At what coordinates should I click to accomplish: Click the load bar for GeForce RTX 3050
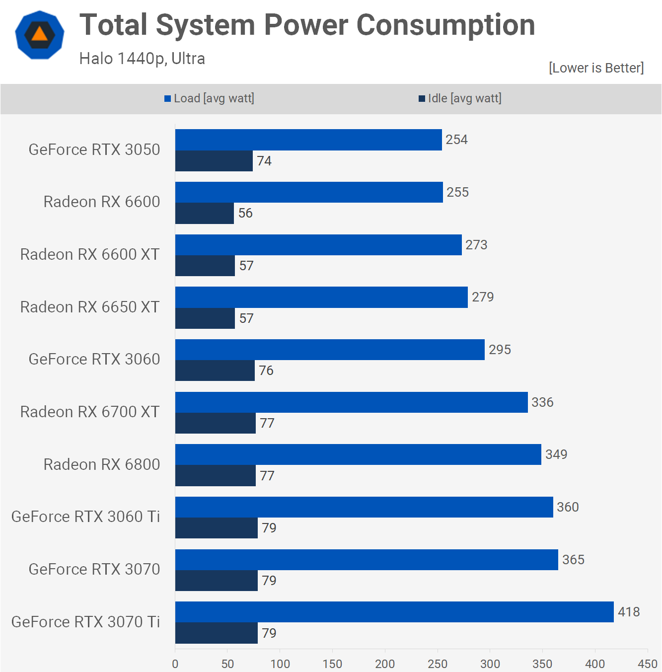[308, 140]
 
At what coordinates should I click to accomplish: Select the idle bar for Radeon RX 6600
[205, 213]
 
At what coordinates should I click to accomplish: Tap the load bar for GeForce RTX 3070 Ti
[394, 612]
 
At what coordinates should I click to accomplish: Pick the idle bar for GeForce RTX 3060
[215, 371]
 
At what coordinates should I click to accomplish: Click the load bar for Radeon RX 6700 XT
[352, 402]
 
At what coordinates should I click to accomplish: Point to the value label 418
[629, 612]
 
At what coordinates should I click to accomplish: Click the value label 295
[500, 350]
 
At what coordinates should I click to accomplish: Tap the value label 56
[245, 213]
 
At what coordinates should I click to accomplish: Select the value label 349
[556, 454]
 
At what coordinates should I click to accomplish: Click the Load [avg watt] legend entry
[209, 98]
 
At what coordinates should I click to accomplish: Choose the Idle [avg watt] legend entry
[460, 98]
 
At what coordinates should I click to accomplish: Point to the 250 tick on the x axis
[438, 664]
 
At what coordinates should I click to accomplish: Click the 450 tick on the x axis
[648, 664]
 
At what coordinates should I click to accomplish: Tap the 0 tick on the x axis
[175, 664]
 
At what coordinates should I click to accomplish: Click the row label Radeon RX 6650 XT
[90, 307]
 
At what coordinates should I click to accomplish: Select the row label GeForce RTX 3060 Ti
[85, 517]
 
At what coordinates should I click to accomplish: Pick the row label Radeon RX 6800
[101, 464]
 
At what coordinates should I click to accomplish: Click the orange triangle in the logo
[40, 35]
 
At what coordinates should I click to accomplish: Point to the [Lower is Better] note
[596, 68]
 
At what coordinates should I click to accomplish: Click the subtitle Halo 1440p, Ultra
[142, 59]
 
